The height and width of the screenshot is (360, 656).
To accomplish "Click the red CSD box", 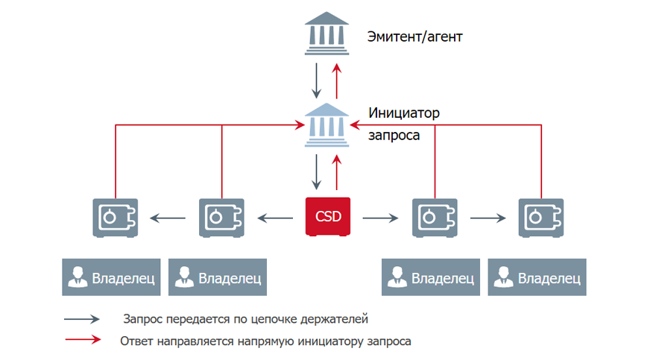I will (327, 218).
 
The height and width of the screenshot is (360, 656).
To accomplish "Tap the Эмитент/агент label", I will (414, 35).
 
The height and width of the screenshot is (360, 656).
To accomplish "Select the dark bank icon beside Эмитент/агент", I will (327, 33).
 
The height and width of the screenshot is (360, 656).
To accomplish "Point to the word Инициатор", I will (404, 113).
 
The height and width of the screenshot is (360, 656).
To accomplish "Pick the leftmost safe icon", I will (115, 218).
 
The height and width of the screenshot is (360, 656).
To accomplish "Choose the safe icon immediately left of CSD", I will (221, 218).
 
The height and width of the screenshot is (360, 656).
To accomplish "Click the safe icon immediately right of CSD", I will (434, 218).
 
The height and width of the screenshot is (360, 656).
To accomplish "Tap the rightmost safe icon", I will (540, 218).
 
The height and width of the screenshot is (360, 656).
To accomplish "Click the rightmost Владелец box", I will (537, 278).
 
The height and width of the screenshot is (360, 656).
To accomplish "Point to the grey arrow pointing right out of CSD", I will (380, 218).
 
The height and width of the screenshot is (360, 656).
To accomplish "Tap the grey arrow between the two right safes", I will (488, 218).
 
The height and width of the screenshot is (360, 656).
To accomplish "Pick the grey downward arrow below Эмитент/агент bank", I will (318, 80).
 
